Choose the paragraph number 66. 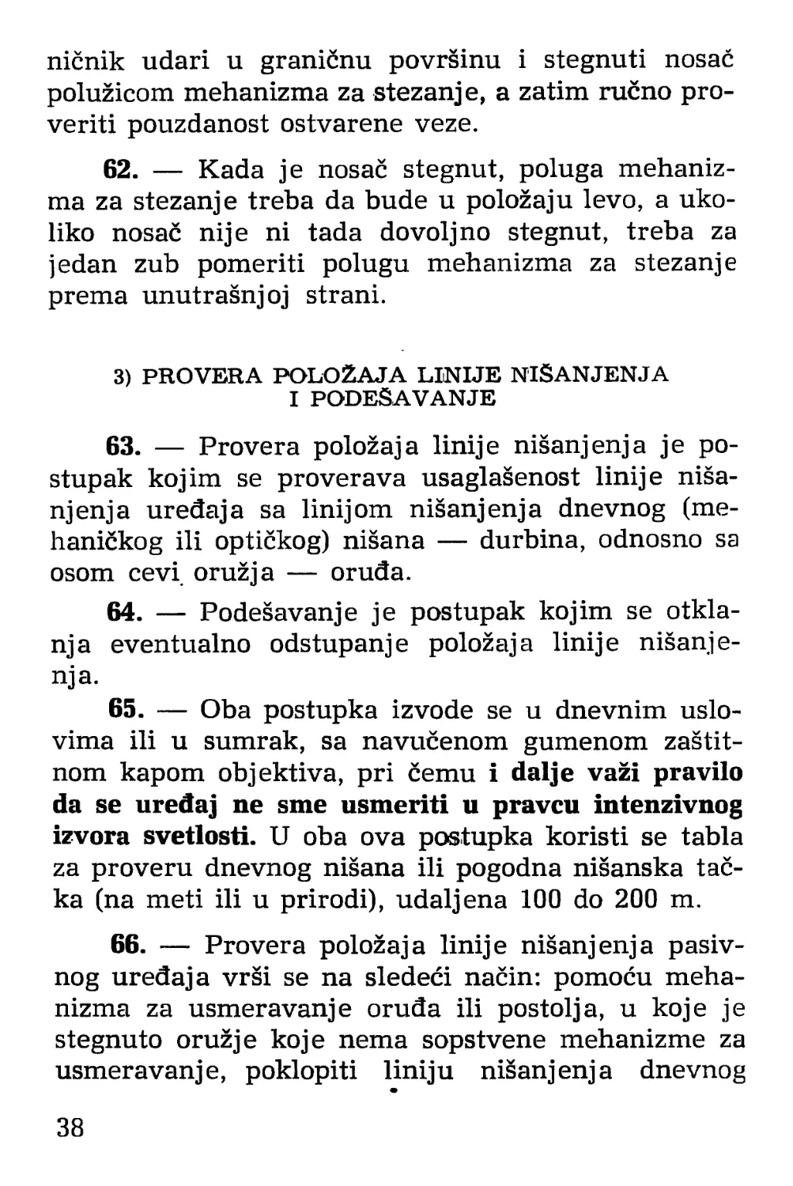127,945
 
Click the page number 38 70,1127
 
